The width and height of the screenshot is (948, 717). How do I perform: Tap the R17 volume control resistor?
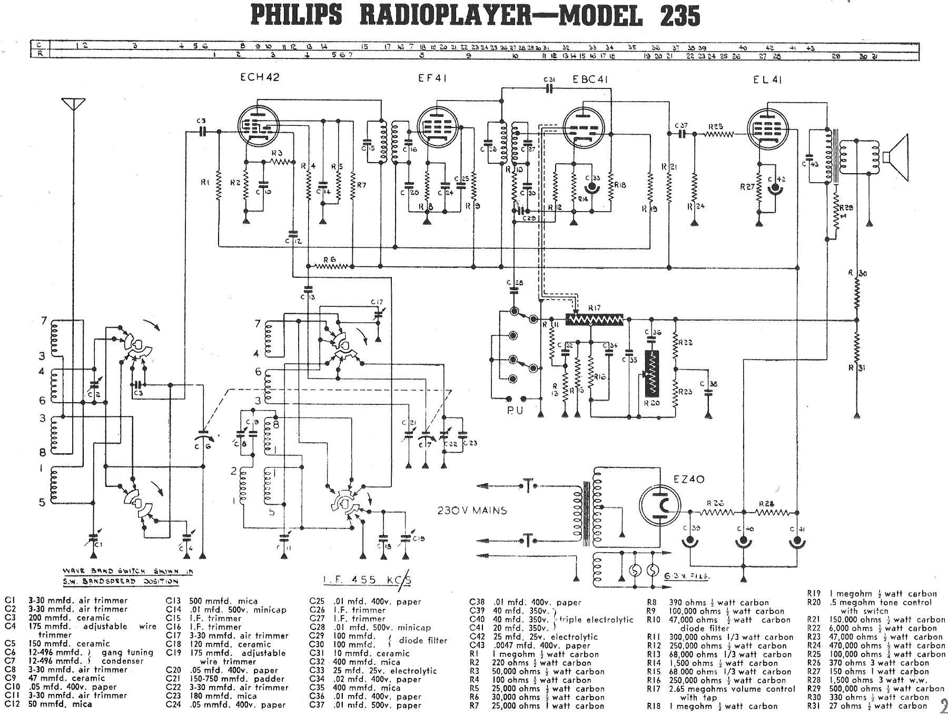594,319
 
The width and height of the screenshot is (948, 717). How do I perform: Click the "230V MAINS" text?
472,511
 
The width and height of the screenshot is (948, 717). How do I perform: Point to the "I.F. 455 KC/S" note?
367,580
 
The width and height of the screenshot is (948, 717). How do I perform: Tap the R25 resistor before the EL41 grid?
716,134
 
